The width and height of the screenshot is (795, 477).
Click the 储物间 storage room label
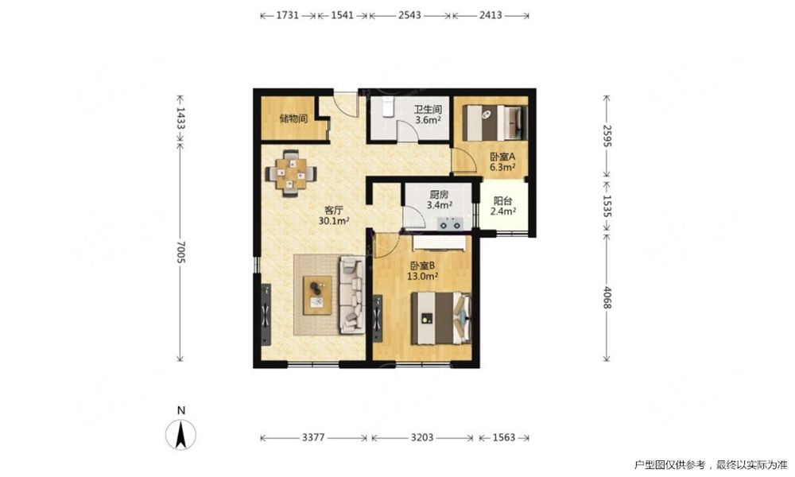(x=293, y=119)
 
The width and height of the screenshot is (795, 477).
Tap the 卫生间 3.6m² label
(x=428, y=115)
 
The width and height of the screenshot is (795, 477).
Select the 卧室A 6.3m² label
(x=502, y=162)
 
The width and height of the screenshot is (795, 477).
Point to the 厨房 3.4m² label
(x=439, y=200)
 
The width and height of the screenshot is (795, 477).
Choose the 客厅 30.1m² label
(x=334, y=215)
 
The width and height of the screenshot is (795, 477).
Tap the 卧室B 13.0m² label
(x=422, y=270)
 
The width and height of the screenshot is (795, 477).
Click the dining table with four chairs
(x=291, y=173)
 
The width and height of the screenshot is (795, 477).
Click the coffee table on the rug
(x=317, y=296)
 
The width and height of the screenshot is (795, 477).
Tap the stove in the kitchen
(x=450, y=223)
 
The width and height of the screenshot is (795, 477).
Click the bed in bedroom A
(x=495, y=122)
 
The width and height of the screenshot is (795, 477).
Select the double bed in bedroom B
(x=440, y=318)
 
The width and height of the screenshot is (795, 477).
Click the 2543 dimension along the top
(x=409, y=15)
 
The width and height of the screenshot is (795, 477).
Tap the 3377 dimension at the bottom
(x=313, y=437)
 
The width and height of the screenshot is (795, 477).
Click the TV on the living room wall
(x=266, y=315)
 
